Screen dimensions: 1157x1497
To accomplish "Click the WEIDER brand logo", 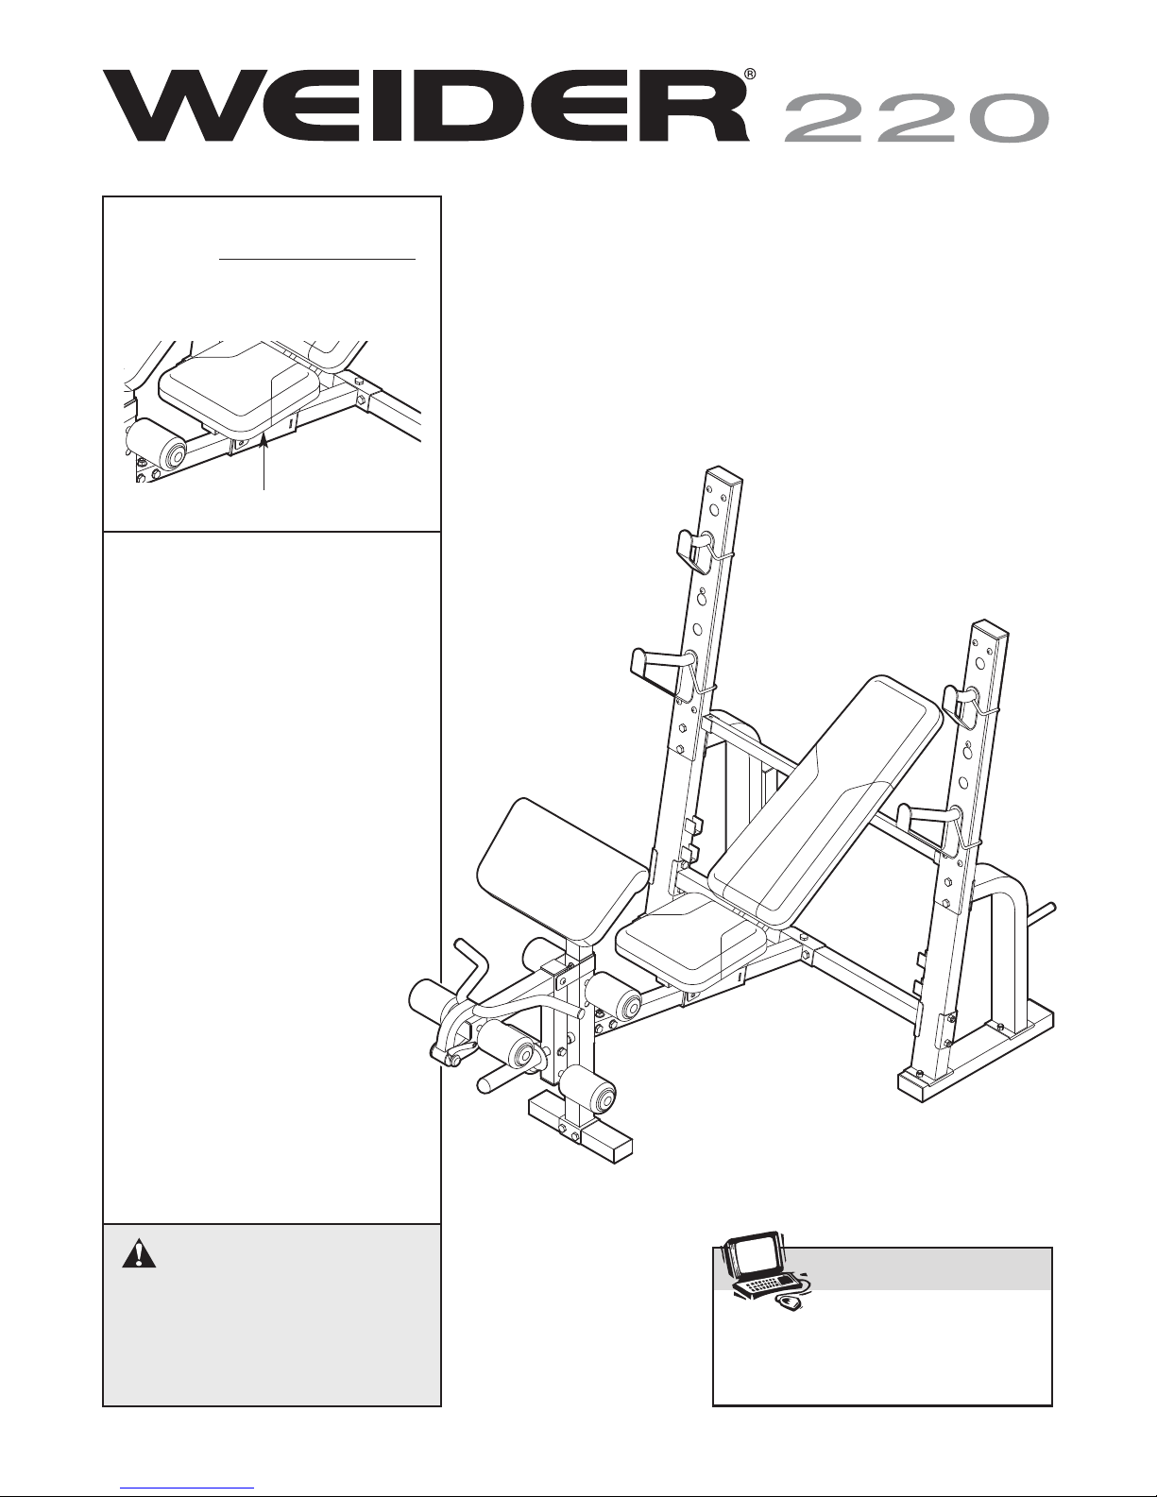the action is click(426, 106).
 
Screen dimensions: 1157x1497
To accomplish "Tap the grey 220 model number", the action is click(916, 118).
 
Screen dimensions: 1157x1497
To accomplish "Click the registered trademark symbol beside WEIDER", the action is click(750, 74).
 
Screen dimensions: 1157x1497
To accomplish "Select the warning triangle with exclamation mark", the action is click(139, 1254).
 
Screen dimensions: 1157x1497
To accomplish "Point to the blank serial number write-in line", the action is click(317, 259).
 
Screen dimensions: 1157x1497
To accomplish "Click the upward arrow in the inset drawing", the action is click(264, 465).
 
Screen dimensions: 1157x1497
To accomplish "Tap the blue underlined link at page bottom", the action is click(187, 1487).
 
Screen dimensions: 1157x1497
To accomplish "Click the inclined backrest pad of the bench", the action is click(825, 801).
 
